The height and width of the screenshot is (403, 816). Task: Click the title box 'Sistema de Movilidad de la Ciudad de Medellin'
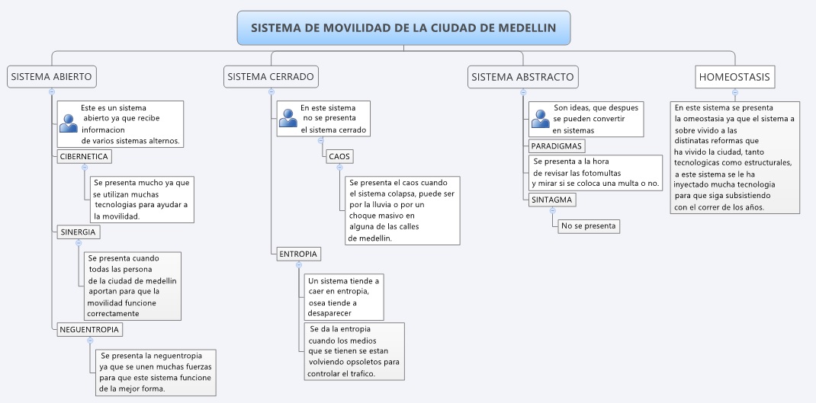[404, 27]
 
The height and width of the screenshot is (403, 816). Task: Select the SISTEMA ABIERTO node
[52, 77]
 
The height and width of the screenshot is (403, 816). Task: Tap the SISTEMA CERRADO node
[271, 77]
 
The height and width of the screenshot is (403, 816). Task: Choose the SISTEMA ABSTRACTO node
[522, 77]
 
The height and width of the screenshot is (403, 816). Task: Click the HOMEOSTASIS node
[734, 77]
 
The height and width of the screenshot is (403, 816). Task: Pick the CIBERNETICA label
[85, 156]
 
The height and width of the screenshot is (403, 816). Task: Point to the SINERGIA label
[78, 232]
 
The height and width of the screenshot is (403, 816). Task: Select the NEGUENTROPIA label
[89, 329]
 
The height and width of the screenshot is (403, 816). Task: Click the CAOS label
[339, 156]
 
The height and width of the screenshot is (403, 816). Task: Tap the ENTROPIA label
[298, 254]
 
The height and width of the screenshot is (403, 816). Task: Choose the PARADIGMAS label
[556, 146]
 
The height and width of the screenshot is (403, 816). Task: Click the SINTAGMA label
[551, 200]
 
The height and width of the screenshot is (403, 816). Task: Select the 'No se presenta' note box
[589, 226]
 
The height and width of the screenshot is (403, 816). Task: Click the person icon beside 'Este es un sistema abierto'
[68, 123]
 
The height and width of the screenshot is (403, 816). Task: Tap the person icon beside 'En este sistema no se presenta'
[288, 118]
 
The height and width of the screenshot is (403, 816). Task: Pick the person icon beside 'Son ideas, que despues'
[540, 119]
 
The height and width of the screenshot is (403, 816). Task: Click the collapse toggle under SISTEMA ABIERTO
[52, 91]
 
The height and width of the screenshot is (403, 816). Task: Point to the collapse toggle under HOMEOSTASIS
[735, 92]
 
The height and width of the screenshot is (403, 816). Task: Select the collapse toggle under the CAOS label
[340, 168]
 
